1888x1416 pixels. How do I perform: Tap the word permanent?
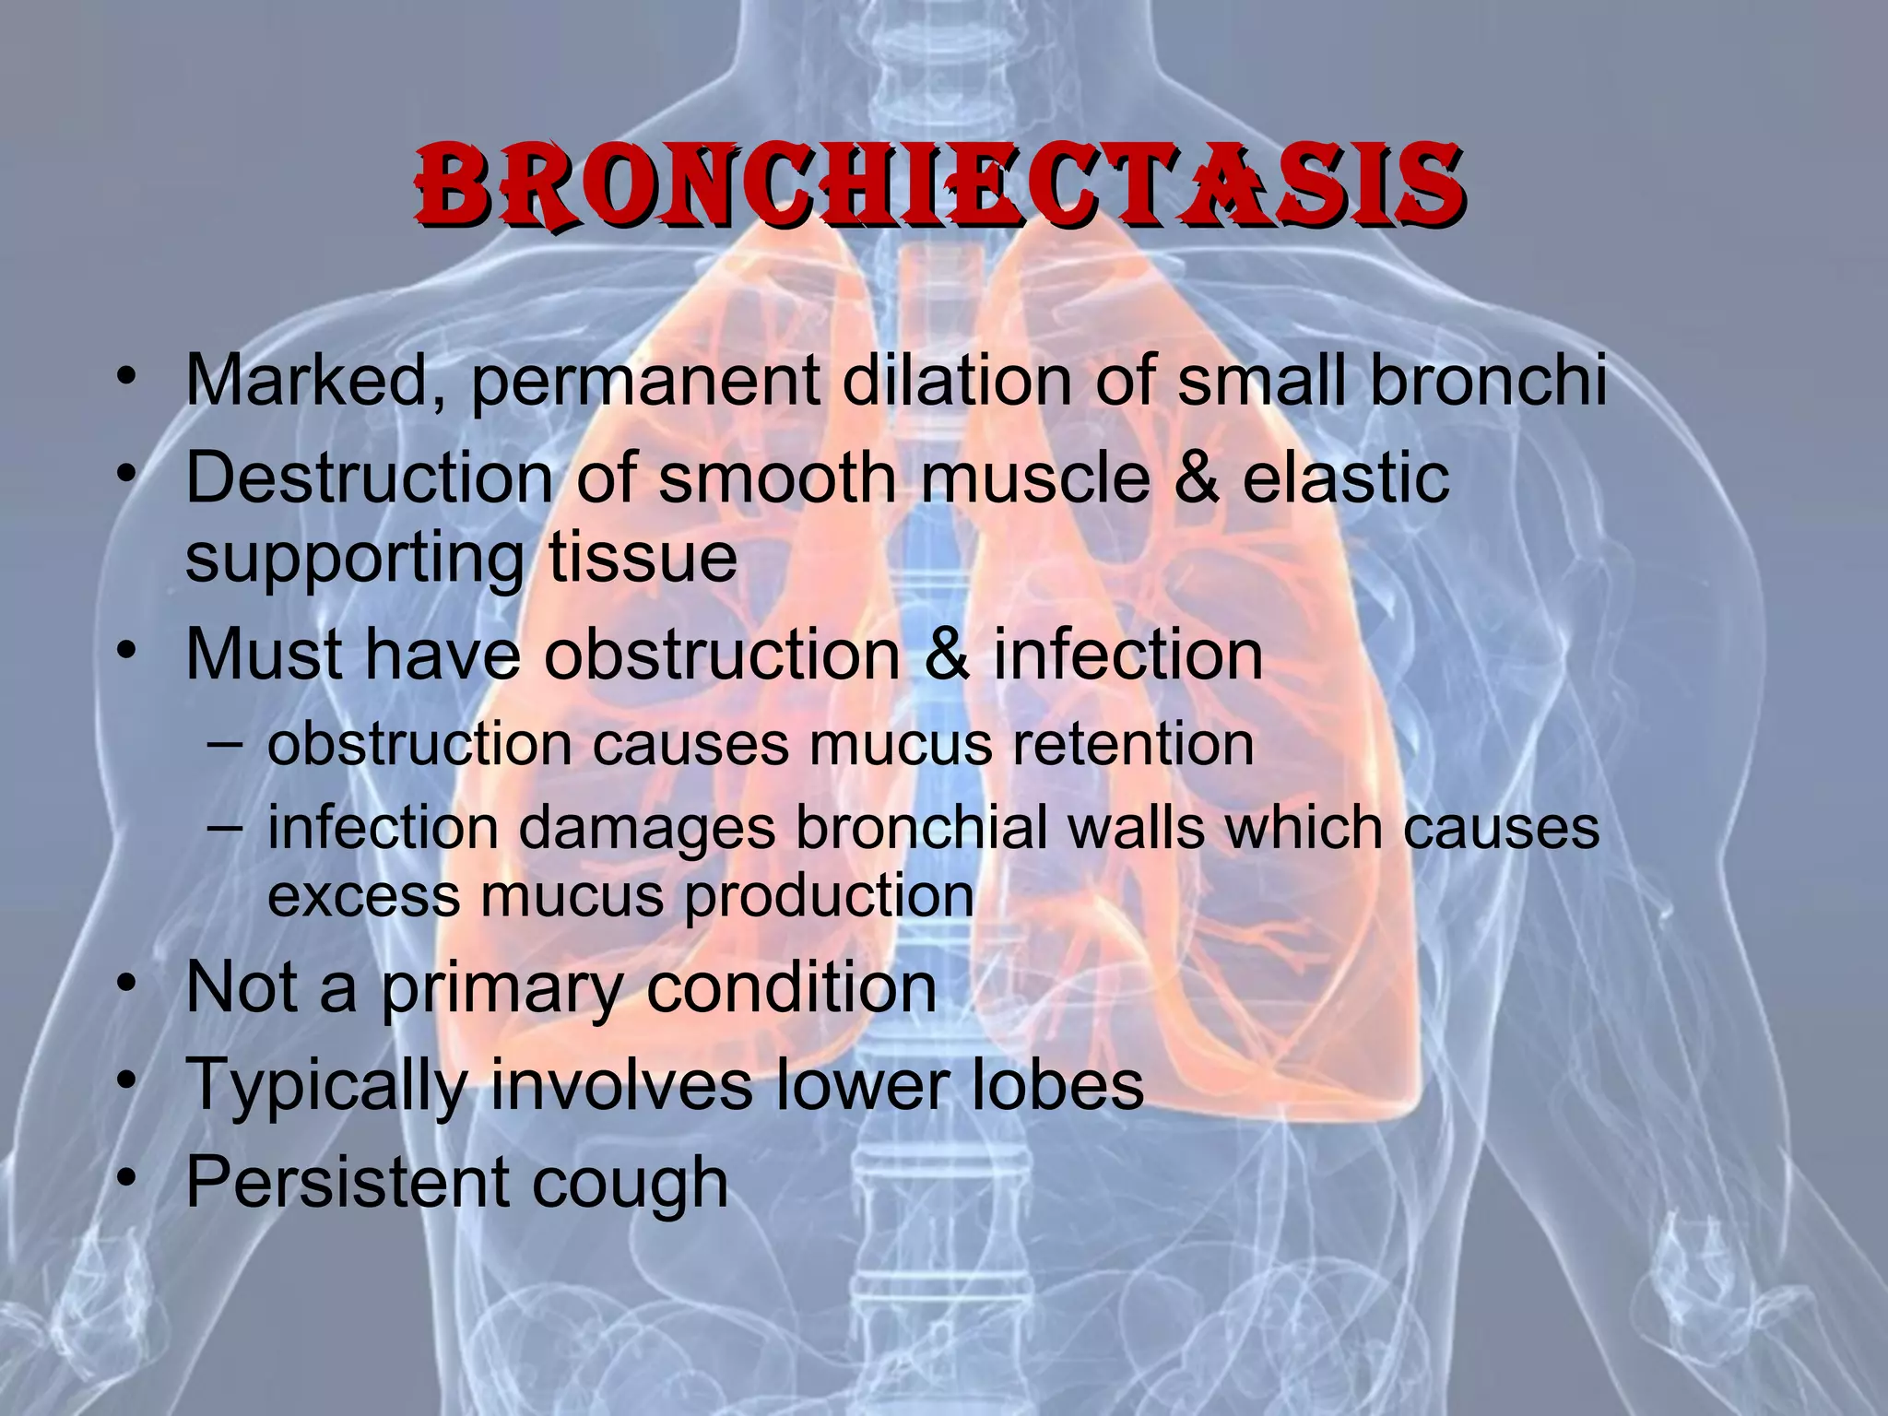[645, 380]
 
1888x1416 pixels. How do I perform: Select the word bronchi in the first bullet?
[1489, 380]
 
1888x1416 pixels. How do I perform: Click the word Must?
[265, 655]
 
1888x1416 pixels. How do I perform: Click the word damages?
[646, 828]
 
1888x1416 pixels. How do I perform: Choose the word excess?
[363, 896]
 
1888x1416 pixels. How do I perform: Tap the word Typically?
[326, 1086]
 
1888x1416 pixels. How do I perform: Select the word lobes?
[1057, 1084]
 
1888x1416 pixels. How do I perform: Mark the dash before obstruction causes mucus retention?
[226, 743]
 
